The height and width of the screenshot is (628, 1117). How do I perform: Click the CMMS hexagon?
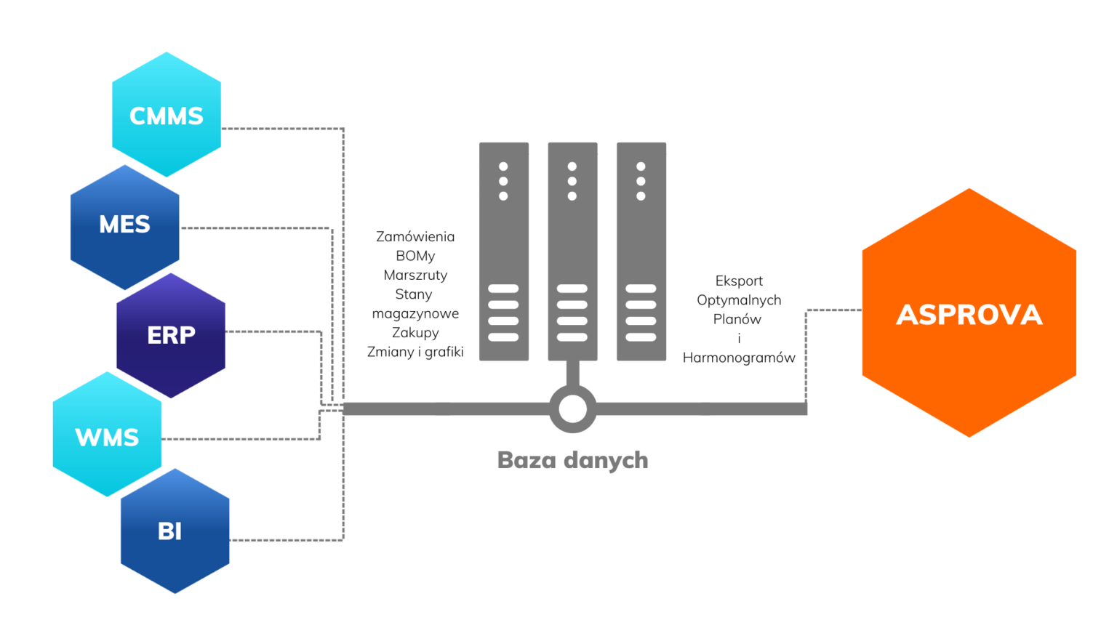point(167,115)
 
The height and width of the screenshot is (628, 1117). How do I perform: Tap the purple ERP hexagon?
point(171,335)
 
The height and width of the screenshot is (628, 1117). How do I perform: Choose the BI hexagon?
point(175,531)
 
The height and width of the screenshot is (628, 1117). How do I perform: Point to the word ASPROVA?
point(969,315)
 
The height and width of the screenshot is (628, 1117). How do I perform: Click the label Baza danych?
point(572,460)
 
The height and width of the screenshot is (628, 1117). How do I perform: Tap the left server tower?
point(503,251)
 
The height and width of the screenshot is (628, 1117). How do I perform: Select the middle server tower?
point(572,251)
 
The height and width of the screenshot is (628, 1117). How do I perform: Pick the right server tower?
point(641,251)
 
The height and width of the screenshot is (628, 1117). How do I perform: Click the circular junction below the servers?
point(572,409)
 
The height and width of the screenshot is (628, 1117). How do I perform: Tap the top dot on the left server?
point(503,166)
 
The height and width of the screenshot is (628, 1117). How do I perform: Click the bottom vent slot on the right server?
point(641,337)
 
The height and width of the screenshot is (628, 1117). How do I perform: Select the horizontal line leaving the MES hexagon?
point(255,228)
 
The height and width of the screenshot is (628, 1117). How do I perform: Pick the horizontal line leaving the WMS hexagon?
point(240,439)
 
